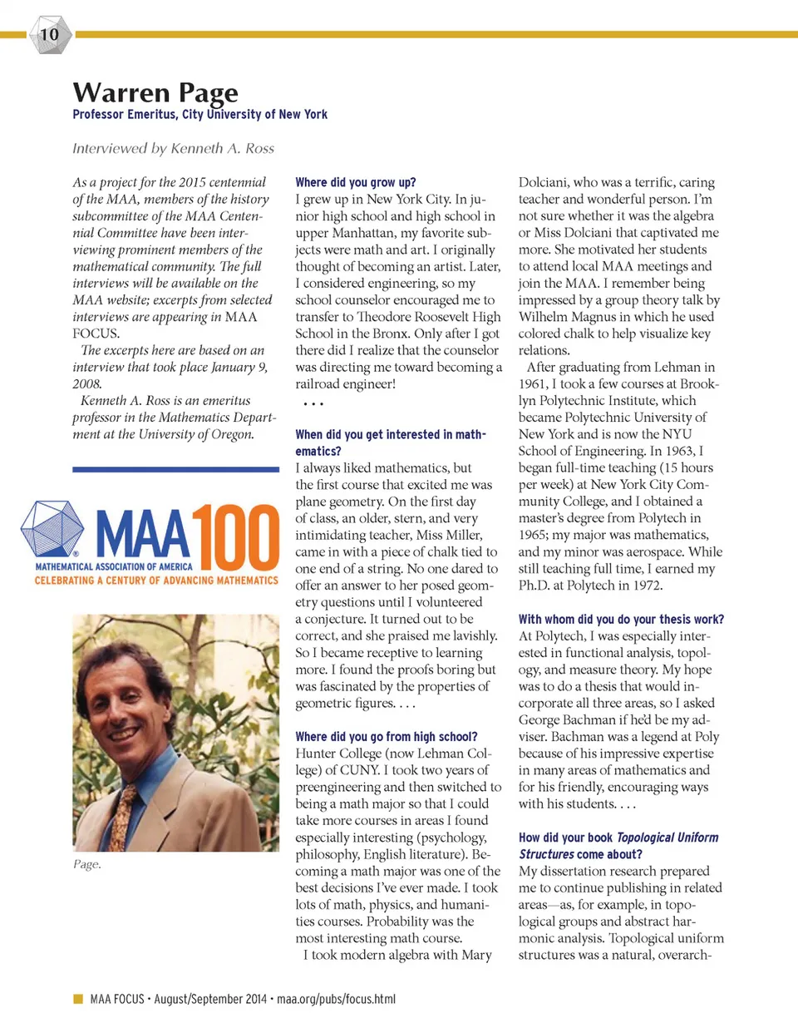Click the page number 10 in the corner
click(x=50, y=34)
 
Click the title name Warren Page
click(x=155, y=91)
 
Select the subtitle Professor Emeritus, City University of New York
click(x=199, y=115)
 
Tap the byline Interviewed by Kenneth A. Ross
click(x=173, y=149)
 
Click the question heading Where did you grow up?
click(x=356, y=182)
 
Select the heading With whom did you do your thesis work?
click(x=621, y=620)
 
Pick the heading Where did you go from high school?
click(x=387, y=737)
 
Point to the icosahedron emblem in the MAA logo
click(x=52, y=530)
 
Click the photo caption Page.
click(x=86, y=865)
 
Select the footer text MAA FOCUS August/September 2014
click(x=179, y=999)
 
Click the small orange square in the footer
click(x=78, y=999)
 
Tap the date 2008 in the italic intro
click(x=86, y=384)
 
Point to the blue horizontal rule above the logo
click(x=175, y=470)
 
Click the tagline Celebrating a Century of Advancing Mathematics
click(x=156, y=581)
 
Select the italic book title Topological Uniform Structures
click(x=619, y=846)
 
